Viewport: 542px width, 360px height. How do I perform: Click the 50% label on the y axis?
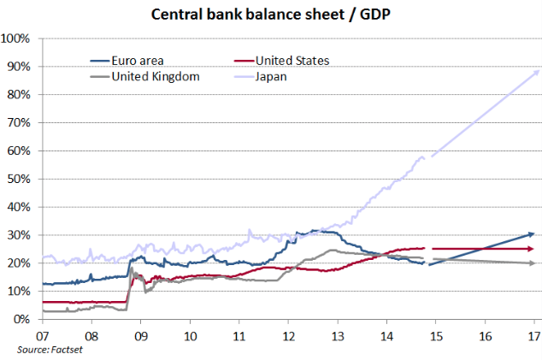click(19, 179)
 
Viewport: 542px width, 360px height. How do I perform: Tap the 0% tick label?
click(22, 319)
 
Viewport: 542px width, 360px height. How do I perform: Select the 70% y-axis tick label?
click(19, 122)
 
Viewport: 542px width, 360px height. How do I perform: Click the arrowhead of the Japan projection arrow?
click(536, 72)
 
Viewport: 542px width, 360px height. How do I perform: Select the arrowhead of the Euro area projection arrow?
click(532, 233)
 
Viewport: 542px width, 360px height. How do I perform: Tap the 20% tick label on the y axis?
click(19, 263)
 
